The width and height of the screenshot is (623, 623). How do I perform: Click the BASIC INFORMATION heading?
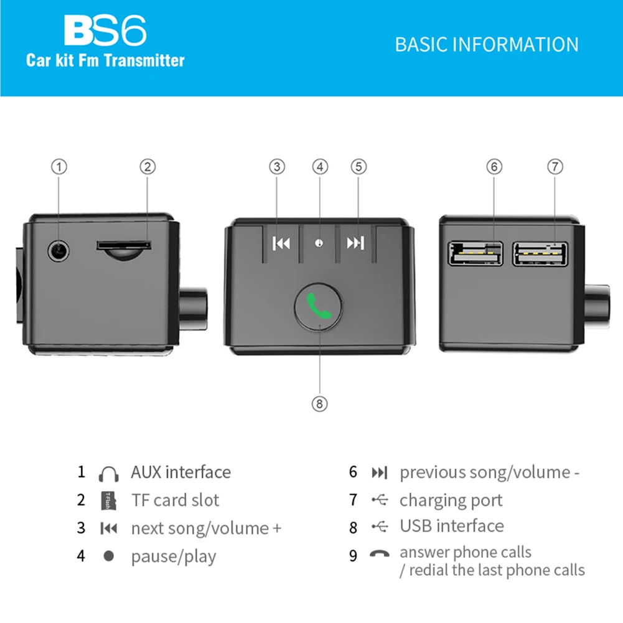(x=486, y=45)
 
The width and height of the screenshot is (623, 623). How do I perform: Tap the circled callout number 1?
(x=59, y=167)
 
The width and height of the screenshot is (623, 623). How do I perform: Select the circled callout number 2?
(x=148, y=167)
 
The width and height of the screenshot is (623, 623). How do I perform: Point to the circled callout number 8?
(x=319, y=403)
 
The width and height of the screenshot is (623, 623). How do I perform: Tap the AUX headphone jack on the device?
(x=59, y=251)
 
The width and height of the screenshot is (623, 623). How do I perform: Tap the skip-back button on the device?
(x=281, y=243)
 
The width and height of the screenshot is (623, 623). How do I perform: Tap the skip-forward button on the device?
(x=355, y=243)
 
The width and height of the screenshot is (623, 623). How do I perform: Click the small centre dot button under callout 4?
(x=319, y=243)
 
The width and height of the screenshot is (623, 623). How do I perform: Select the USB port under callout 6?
(x=475, y=254)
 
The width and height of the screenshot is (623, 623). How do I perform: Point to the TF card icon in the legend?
(x=108, y=500)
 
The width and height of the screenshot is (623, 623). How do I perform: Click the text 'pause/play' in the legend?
(x=173, y=556)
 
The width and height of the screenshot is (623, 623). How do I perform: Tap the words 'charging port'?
(x=451, y=500)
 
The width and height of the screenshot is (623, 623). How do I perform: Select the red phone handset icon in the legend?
(x=379, y=553)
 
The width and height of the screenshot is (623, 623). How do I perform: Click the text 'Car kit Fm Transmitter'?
(x=105, y=61)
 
